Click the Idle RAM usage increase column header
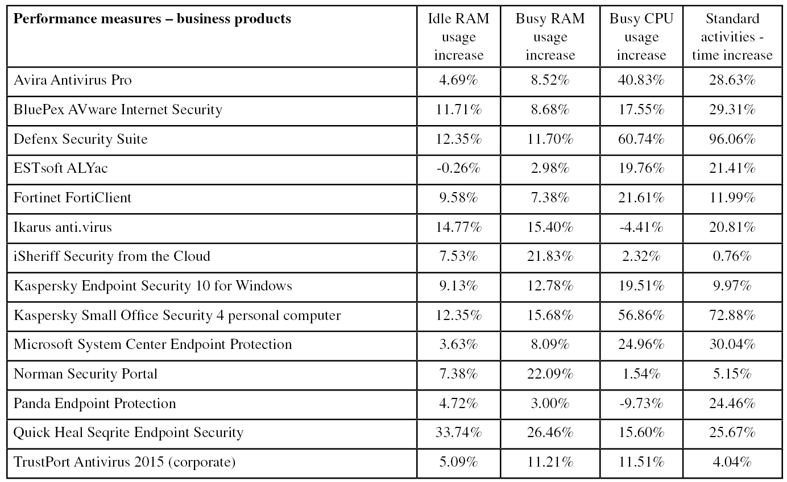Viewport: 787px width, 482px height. (458, 36)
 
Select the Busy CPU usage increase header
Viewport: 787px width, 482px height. (641, 36)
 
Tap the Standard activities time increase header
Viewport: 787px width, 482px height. (732, 36)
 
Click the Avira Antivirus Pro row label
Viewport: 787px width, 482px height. (73, 80)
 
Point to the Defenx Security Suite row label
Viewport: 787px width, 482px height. (80, 139)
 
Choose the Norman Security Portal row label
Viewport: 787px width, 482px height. (85, 374)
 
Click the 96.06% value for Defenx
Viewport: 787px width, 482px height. (732, 139)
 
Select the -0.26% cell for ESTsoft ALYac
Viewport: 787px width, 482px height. (458, 168)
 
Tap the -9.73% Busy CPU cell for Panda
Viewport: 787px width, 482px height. (641, 404)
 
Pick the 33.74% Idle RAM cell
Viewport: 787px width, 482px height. (458, 433)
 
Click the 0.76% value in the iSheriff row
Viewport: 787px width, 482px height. (732, 256)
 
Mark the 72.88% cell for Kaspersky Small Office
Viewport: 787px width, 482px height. (732, 315)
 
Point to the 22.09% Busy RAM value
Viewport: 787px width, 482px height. (550, 374)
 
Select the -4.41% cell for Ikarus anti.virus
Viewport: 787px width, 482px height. (641, 227)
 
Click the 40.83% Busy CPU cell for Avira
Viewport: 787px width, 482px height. (641, 80)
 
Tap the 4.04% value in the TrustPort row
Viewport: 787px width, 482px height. (732, 462)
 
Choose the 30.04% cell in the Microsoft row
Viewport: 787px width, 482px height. (732, 344)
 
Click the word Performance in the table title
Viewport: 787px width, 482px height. (48, 19)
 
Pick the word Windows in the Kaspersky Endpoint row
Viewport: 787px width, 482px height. (264, 285)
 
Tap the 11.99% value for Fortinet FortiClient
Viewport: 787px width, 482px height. (732, 198)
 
